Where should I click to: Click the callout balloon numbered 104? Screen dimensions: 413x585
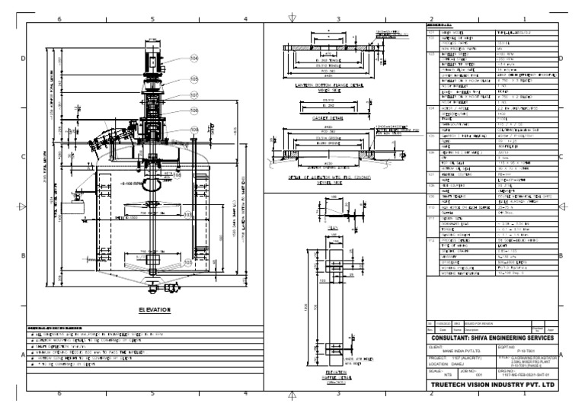tap(193, 58)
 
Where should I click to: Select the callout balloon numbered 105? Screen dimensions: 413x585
tap(193, 78)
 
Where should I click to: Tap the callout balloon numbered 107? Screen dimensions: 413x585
tap(193, 95)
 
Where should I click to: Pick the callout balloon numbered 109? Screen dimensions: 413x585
tap(193, 130)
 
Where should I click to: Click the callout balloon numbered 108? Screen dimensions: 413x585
tap(177, 174)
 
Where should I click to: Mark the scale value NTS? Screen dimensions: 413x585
tap(433, 375)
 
